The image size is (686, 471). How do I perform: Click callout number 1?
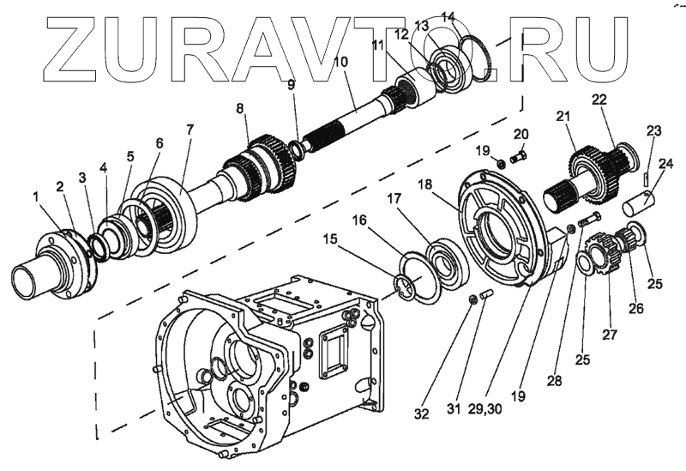pos(37,198)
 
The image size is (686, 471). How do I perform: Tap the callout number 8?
pos(241,109)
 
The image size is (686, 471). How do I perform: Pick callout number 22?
pos(599,101)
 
